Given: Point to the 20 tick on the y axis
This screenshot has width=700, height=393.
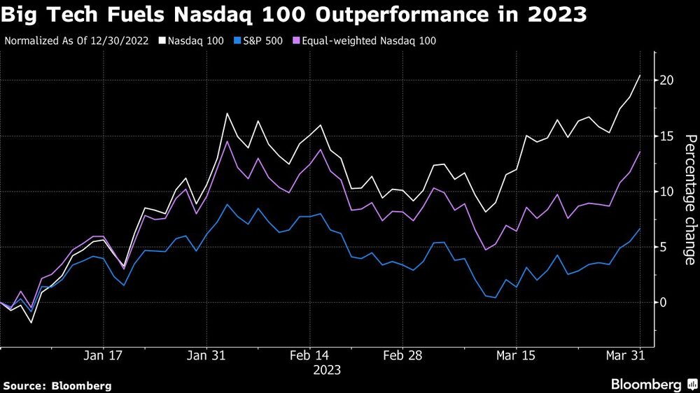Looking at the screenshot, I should tap(668, 80).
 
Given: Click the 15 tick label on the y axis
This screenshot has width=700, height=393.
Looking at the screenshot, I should tap(668, 136).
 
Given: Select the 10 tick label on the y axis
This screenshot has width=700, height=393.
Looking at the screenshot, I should tap(668, 192).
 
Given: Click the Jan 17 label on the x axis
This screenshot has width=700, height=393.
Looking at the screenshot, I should tap(104, 355).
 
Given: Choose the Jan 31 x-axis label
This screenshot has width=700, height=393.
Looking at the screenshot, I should tap(207, 355).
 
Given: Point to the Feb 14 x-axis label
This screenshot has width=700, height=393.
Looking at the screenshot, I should tap(310, 355).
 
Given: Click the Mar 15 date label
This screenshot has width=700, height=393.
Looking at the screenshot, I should tap(516, 355).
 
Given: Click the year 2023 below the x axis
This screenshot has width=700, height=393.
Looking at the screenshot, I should tap(327, 369).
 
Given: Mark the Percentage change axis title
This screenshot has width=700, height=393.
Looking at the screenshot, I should tap(689, 199).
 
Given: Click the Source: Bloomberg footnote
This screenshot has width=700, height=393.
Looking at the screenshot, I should tap(57, 385).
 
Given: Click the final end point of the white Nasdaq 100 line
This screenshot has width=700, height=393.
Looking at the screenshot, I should tap(640, 76).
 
